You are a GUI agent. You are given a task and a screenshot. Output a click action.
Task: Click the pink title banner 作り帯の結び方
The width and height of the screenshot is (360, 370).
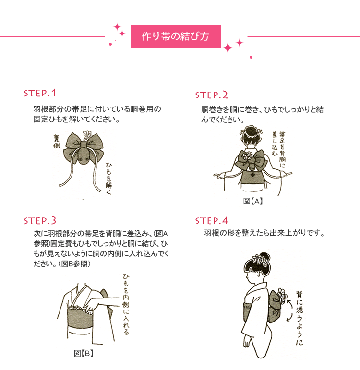point(175,36)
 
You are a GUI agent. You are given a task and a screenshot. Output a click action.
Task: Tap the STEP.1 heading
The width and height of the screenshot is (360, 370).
point(40,93)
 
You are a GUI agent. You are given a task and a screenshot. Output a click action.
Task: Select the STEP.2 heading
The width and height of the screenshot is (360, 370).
point(212,95)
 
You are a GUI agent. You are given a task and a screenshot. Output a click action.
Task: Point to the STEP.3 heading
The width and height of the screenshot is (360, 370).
point(40,221)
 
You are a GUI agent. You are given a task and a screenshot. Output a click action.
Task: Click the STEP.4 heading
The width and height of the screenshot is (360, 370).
point(212,221)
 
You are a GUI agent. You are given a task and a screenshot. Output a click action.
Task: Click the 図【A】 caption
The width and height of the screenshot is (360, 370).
point(253,201)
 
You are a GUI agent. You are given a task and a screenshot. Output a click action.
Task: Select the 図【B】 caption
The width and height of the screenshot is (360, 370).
point(84,353)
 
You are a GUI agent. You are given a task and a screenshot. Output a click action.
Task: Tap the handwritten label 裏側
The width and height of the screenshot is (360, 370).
point(57,142)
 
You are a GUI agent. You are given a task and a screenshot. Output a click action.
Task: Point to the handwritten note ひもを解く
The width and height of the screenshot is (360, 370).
point(108,179)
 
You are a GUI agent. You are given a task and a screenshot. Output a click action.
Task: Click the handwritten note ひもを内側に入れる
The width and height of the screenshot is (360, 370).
point(126,304)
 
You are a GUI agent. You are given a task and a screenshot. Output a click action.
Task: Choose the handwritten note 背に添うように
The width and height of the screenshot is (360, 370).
point(300,318)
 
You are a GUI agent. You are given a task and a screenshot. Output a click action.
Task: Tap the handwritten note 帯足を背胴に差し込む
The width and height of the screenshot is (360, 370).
point(278,149)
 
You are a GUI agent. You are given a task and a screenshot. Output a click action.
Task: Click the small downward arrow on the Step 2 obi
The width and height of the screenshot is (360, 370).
point(253,175)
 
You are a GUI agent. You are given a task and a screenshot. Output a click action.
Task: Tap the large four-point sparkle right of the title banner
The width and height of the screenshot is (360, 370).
point(228,48)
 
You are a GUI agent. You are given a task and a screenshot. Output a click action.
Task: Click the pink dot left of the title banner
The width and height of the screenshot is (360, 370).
point(110,44)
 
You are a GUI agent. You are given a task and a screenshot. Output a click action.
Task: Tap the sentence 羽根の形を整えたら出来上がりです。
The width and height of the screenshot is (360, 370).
point(264,233)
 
